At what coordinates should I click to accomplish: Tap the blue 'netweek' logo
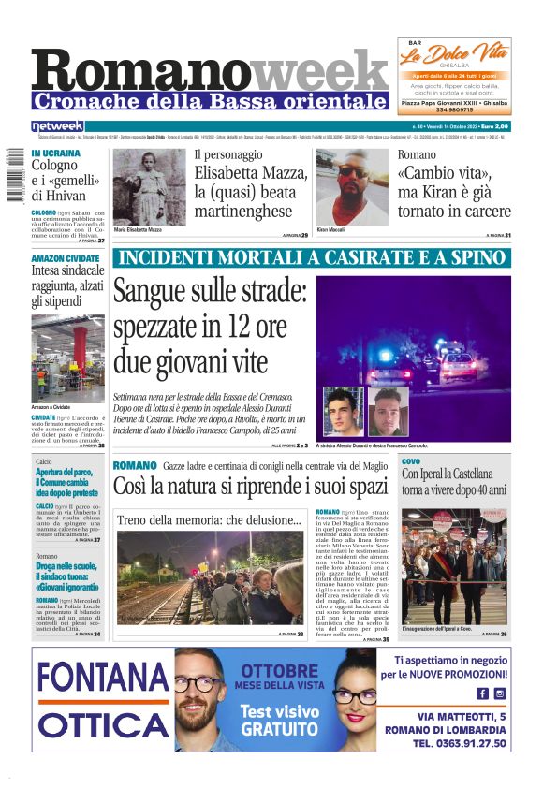pos(57,125)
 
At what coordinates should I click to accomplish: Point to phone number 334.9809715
pos(454,109)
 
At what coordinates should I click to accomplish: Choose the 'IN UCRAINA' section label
pos(55,153)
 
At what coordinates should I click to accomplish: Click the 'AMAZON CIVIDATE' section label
pos(65,257)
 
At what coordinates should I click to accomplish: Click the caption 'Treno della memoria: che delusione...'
pos(209,520)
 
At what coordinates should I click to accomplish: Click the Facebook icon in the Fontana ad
pos(482,693)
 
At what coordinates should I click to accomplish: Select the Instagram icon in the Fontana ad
pos(500,693)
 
